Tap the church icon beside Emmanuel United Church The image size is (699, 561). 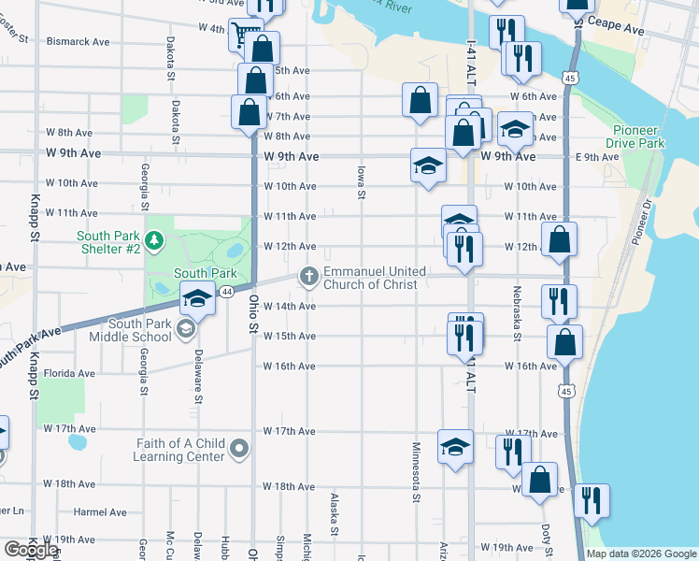(x=309, y=276)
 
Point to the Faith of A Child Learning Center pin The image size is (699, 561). (x=240, y=450)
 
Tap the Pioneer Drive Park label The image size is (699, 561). (x=638, y=137)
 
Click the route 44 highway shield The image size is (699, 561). (x=226, y=292)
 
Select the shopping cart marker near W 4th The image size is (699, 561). (x=244, y=36)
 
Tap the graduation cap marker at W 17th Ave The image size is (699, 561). (x=455, y=447)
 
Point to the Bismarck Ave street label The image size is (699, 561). (x=78, y=42)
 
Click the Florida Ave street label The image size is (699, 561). (x=70, y=373)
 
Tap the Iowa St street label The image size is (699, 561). (x=360, y=182)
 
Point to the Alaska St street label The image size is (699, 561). (x=334, y=514)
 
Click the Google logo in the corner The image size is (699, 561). (x=32, y=550)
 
